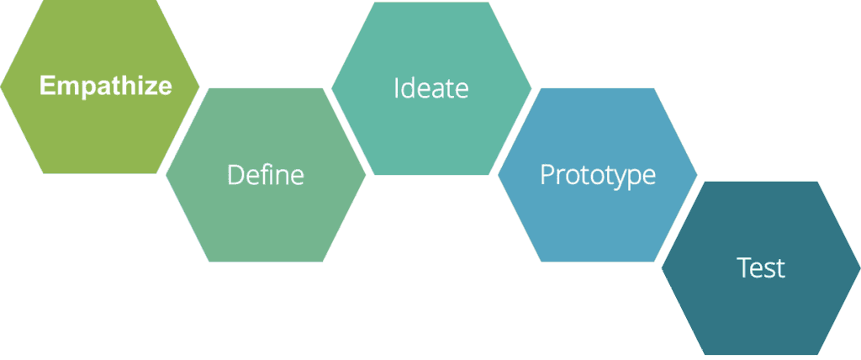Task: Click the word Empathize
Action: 106,86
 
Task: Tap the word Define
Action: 266,175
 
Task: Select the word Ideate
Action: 430,88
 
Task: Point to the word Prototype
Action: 597,175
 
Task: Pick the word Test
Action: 761,267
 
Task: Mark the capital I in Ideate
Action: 397,88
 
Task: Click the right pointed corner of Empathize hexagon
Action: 200,86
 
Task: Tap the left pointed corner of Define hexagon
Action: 166,175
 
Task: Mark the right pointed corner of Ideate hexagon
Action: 531,87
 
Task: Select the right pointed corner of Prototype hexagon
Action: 698,175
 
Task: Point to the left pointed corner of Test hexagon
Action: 661,267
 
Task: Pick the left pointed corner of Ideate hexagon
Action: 331,87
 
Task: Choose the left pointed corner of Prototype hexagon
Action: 498,175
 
